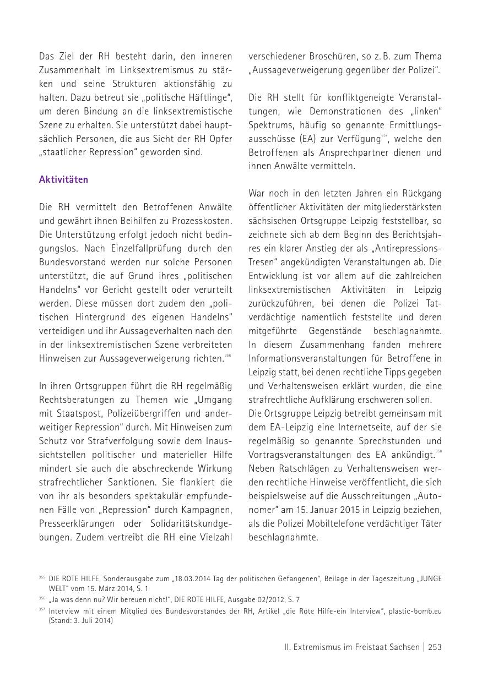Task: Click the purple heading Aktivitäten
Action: coord(63,180)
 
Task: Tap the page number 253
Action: coord(435,647)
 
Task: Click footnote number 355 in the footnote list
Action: coord(42,577)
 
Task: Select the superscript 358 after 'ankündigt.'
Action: coord(438,452)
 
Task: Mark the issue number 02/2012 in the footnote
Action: coord(249,599)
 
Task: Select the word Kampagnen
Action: coord(210,510)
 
